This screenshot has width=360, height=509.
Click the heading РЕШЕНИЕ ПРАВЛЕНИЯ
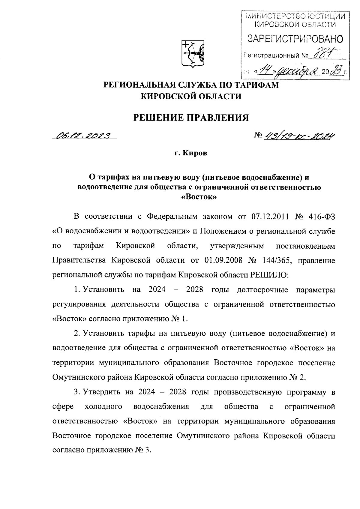click(191, 117)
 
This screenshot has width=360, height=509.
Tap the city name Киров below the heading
click(196, 154)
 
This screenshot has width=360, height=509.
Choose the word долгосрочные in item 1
click(262, 290)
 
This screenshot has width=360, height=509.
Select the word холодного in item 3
click(103, 407)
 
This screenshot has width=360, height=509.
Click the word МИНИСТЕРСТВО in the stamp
click(271, 16)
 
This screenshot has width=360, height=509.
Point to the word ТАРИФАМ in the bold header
click(257, 85)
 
